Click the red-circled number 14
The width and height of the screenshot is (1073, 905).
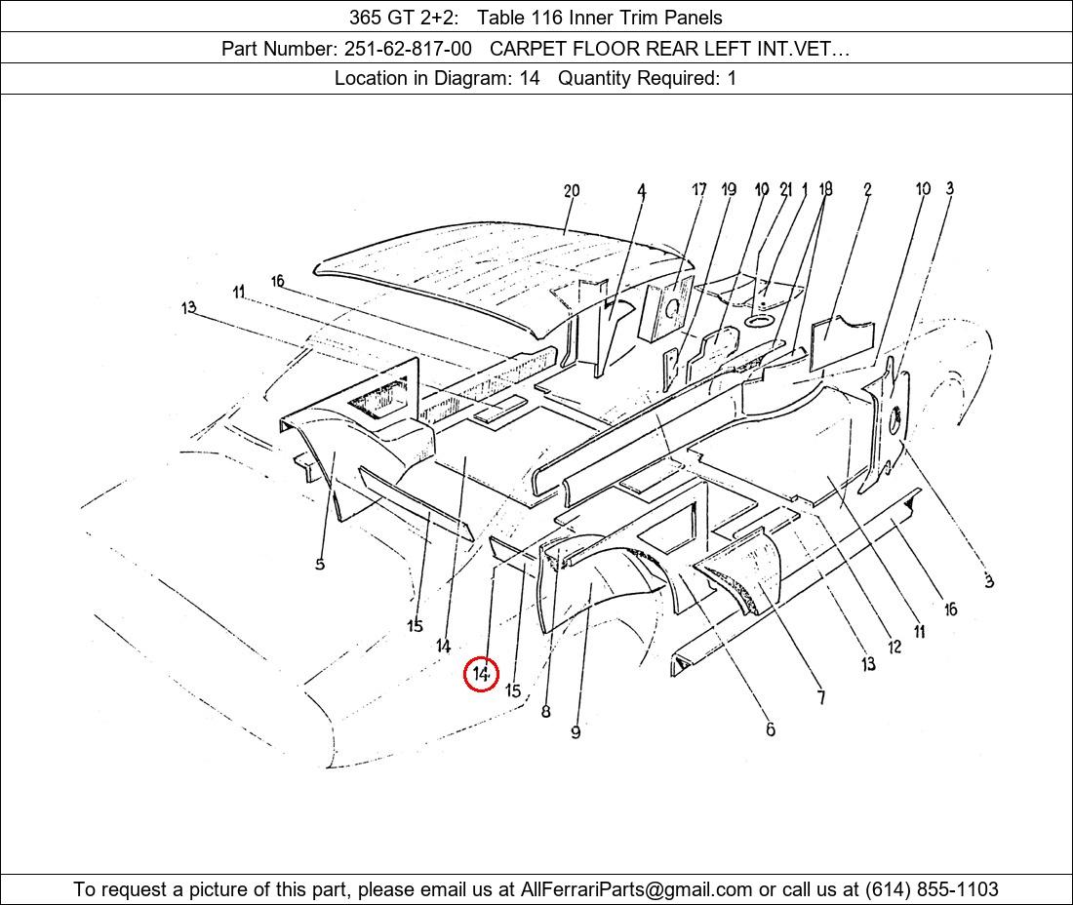coord(480,674)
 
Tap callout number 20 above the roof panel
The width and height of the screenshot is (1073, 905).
coord(572,191)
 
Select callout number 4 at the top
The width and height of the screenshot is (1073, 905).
coord(641,191)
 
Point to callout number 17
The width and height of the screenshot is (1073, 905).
coord(698,189)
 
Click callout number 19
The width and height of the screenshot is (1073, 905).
coord(728,189)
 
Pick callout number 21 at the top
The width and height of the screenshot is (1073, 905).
coord(785,189)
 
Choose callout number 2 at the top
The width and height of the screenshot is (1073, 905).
coord(867,189)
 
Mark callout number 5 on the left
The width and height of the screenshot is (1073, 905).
coord(320,564)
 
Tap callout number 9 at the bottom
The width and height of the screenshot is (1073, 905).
coord(576,732)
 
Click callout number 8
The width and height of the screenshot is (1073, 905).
coord(545,711)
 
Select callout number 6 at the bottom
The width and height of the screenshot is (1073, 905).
coord(771,729)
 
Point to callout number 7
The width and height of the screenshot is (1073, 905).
coord(821,697)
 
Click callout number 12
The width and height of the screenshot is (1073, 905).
coord(894,647)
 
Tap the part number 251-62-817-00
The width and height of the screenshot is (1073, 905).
coord(408,49)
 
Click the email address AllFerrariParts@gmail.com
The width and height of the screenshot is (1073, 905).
coord(636,889)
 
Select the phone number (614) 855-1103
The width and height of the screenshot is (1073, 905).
coord(932,889)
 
